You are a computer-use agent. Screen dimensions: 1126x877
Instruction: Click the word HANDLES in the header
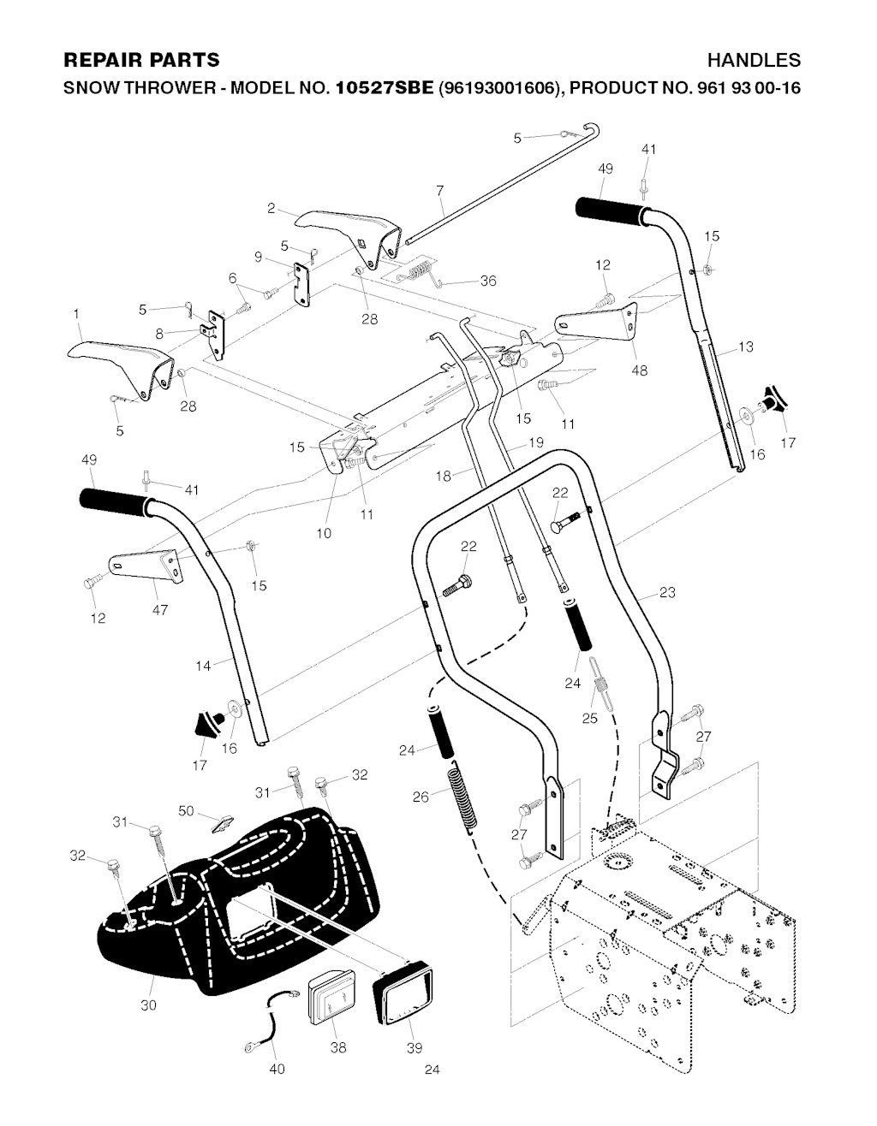tap(754, 60)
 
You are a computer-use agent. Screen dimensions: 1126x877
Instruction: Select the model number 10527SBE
tap(385, 87)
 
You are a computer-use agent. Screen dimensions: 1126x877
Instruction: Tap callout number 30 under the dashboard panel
tap(148, 1005)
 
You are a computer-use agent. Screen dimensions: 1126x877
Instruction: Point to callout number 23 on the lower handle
tap(668, 592)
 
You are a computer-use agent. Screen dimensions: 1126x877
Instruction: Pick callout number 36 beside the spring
tap(487, 281)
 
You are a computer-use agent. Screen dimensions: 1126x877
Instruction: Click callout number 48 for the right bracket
tap(639, 370)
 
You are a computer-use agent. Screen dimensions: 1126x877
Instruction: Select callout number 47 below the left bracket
tap(160, 610)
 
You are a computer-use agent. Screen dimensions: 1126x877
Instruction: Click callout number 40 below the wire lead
tap(277, 1070)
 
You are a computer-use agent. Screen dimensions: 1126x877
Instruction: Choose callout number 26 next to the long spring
tap(421, 797)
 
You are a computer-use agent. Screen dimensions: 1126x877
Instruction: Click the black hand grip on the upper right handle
tap(610, 210)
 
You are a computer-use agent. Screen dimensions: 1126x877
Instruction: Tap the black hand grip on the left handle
tap(116, 502)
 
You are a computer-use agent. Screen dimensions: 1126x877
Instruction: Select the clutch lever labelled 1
tap(120, 364)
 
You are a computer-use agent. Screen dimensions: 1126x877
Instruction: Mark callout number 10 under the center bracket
tap(323, 533)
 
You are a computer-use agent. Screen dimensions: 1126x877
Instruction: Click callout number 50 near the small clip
tap(186, 809)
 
